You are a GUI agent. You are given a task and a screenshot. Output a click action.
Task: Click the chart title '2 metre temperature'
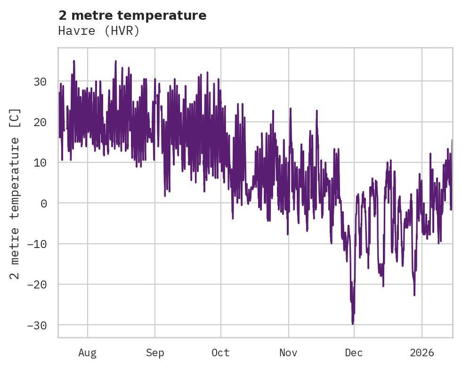click(132, 16)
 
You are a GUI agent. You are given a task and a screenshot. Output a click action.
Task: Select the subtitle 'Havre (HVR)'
click(99, 31)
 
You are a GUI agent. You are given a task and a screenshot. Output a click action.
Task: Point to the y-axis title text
click(15, 193)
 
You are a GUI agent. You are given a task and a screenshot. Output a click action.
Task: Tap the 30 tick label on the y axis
click(40, 81)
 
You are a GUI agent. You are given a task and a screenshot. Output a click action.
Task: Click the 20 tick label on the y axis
click(40, 122)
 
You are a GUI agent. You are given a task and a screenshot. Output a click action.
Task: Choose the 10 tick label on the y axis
click(40, 162)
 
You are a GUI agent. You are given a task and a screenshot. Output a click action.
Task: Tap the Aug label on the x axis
click(88, 352)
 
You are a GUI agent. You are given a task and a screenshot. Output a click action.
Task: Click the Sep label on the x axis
click(155, 352)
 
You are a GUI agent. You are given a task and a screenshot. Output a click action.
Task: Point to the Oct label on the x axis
click(220, 352)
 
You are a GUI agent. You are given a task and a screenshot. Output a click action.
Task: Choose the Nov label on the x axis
click(288, 352)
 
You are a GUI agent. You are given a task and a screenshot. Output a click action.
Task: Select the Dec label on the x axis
click(354, 352)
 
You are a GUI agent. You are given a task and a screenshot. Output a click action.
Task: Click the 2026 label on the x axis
click(421, 352)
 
